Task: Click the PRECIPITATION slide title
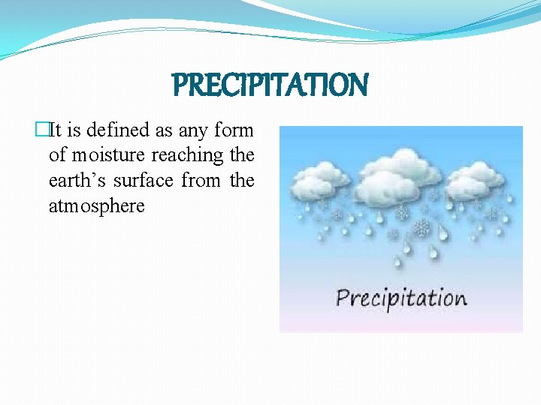pyautogui.click(x=270, y=85)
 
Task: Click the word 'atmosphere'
pyautogui.click(x=96, y=206)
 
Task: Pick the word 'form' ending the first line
pyautogui.click(x=234, y=130)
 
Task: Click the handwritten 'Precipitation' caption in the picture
pyautogui.click(x=401, y=298)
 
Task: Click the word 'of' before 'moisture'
pyautogui.click(x=57, y=156)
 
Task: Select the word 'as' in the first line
pyautogui.click(x=164, y=130)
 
